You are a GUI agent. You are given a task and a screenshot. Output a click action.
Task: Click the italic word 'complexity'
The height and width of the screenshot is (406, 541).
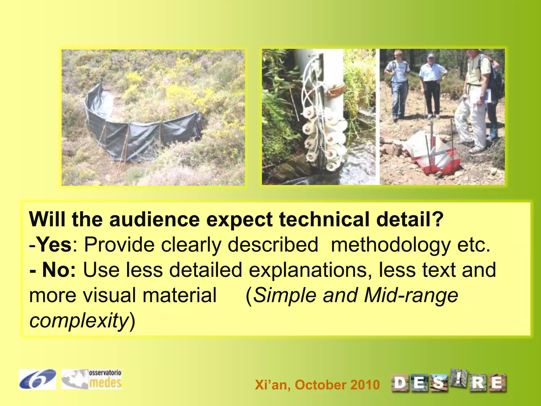click(x=79, y=321)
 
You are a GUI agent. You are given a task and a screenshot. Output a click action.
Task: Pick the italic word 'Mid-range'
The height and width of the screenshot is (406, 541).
click(x=411, y=295)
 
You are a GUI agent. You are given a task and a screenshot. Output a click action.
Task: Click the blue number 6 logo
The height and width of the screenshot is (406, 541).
click(x=37, y=379)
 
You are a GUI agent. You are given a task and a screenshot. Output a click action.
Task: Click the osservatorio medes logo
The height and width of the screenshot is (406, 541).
click(x=92, y=379)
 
